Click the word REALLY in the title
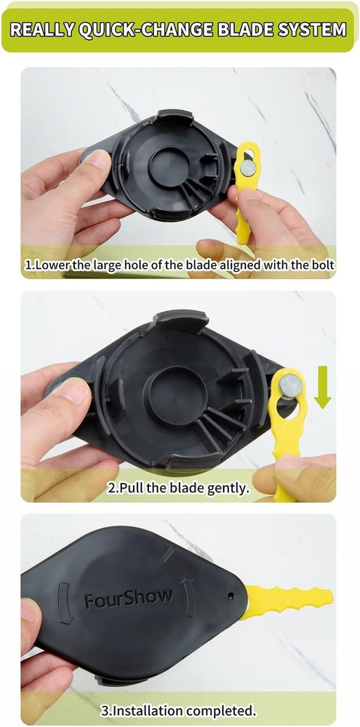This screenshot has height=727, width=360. click(41, 30)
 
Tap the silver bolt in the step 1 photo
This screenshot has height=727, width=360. click(247, 168)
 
